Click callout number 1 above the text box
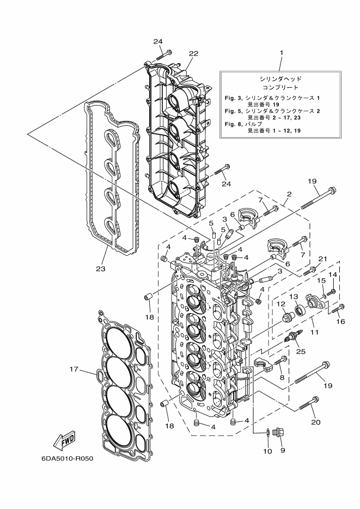tap(281, 53)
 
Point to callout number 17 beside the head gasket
tap(75, 369)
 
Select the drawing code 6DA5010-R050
tap(67, 458)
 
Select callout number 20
tap(316, 421)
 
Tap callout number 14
tap(332, 275)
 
